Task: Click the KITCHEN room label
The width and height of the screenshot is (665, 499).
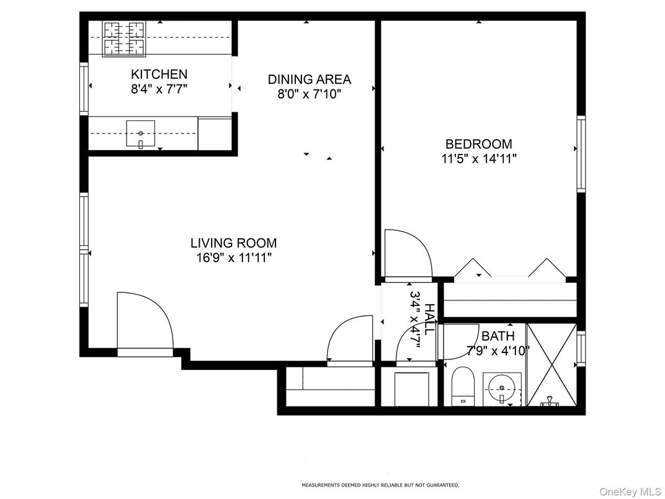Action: (x=159, y=74)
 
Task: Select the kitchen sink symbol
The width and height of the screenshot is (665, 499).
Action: (x=141, y=134)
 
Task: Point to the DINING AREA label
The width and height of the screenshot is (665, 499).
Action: (x=309, y=79)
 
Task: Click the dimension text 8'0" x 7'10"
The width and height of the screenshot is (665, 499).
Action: (x=309, y=94)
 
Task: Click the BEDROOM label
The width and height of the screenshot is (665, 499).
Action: (x=478, y=144)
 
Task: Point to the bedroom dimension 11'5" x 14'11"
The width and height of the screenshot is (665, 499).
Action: (x=478, y=159)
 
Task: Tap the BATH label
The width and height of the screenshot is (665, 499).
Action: (x=498, y=336)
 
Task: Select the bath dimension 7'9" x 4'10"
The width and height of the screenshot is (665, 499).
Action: (x=498, y=350)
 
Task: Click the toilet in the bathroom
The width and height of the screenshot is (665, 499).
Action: (x=462, y=385)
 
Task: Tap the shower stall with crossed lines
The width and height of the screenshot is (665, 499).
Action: (x=551, y=363)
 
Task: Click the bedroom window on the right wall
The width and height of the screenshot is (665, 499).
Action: (x=581, y=153)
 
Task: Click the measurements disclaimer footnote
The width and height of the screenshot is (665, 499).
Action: (x=380, y=485)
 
